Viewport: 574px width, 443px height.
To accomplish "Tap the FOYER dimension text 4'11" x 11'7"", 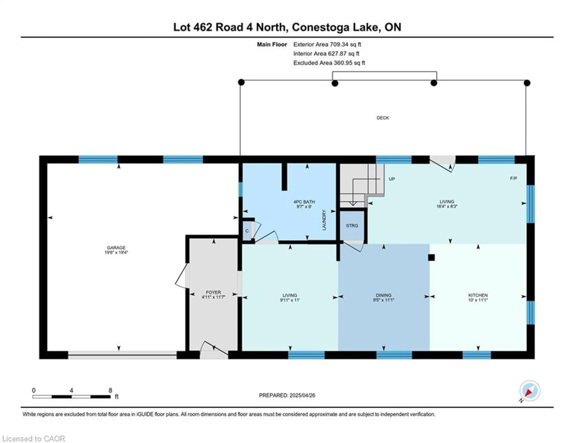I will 213,297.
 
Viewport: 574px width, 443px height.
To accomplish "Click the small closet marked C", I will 247,231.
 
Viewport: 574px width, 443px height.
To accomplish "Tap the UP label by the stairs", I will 392,179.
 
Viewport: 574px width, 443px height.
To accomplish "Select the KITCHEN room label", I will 478,295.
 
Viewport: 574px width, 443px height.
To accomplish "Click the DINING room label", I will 383,295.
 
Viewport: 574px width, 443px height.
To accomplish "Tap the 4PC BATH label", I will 304,202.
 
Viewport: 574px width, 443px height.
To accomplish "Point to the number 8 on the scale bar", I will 110,390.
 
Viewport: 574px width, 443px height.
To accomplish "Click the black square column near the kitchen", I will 431,258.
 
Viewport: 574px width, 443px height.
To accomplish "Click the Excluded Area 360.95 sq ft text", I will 329,63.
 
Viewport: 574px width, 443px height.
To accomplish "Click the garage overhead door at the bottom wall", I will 122,355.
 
